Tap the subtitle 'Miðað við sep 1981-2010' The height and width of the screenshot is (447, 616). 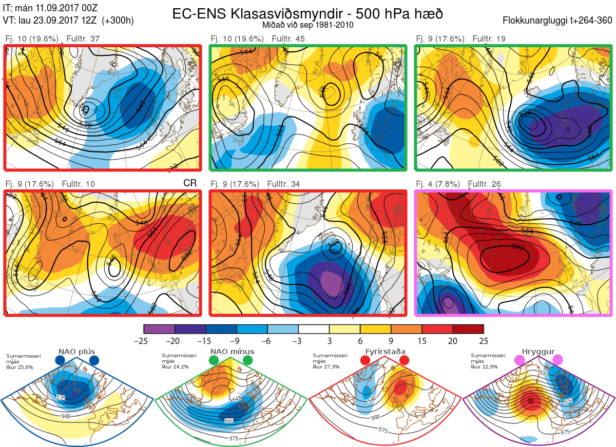[x=307, y=25]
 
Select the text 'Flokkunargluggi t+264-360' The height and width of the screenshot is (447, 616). [x=559, y=21]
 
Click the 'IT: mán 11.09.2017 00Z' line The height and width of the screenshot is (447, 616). [x=50, y=8]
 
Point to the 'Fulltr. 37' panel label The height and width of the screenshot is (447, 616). [x=83, y=39]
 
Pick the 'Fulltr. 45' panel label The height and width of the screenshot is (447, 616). [x=288, y=39]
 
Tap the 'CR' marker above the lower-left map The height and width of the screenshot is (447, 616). [x=190, y=183]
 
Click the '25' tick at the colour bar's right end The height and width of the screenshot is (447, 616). [x=483, y=341]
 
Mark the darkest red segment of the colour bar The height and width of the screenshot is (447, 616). [x=468, y=329]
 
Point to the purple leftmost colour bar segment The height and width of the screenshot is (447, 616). [x=159, y=329]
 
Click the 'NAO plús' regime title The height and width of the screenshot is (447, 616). [x=76, y=352]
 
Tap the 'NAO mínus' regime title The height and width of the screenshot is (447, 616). [x=232, y=352]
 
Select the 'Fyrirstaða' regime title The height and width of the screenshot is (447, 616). [x=385, y=352]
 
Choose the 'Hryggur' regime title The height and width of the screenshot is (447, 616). [x=539, y=352]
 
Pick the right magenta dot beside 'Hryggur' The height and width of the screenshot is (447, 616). [x=557, y=360]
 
